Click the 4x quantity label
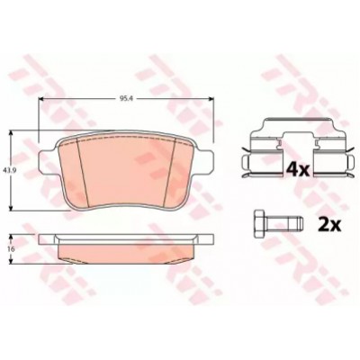click(x=297, y=170)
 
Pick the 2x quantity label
click(x=329, y=223)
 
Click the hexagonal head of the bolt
click(x=259, y=224)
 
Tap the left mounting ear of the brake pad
click(x=47, y=163)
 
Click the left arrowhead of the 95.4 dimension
click(x=42, y=99)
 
